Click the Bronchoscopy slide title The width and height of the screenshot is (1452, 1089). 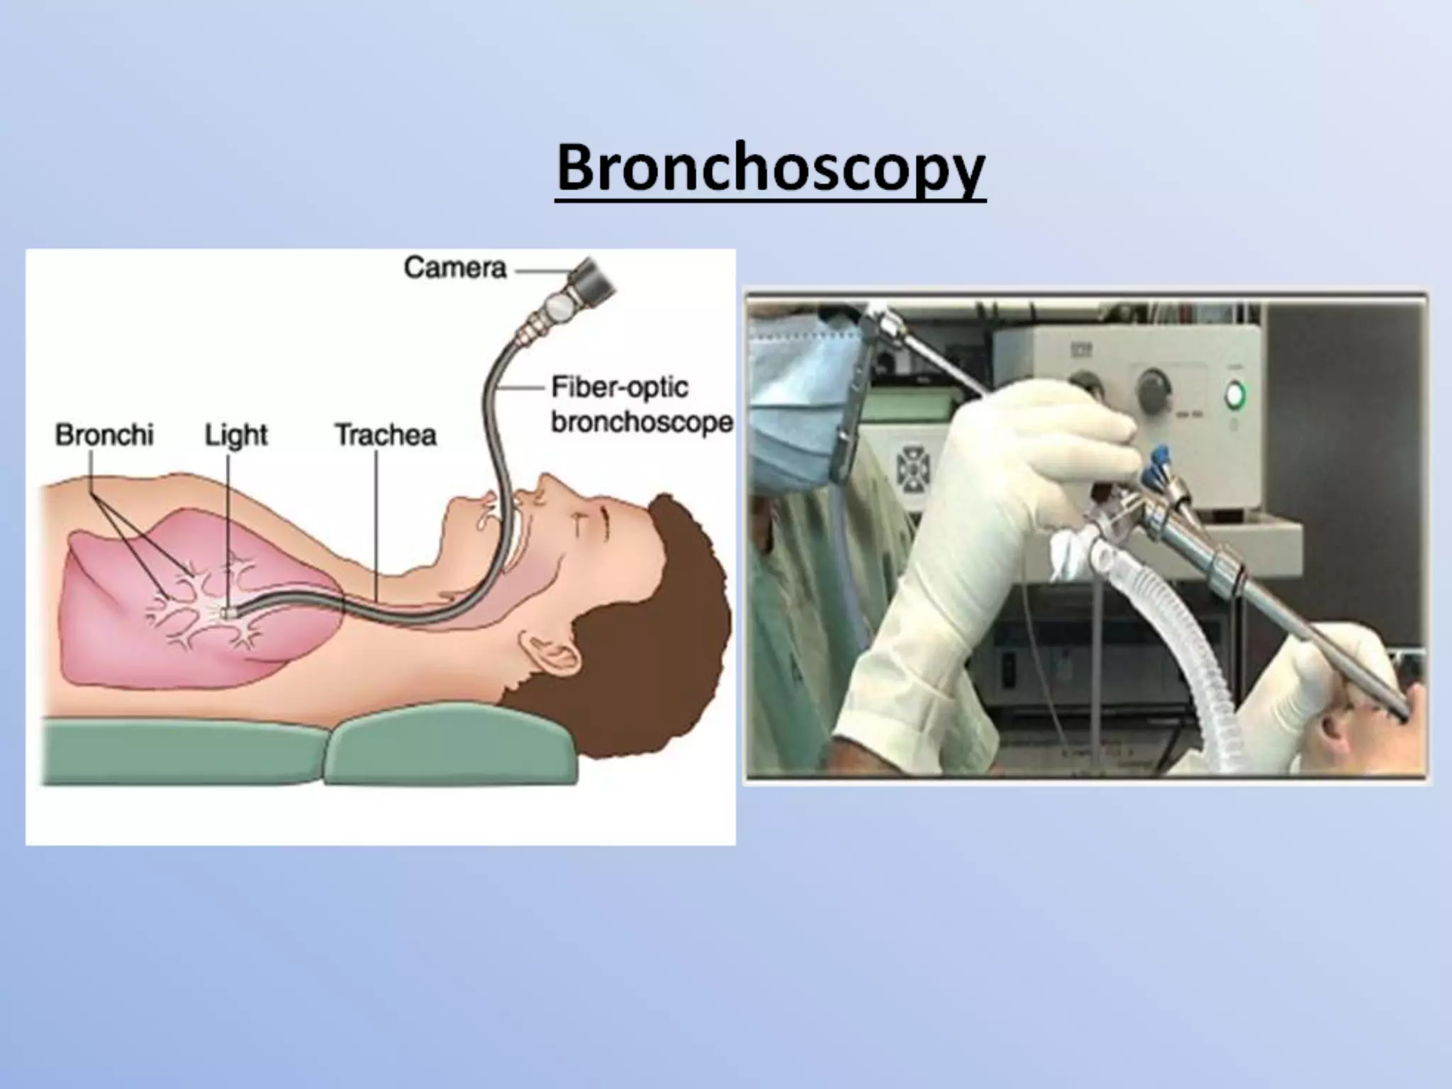(x=771, y=168)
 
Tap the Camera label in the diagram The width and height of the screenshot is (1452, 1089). (x=455, y=268)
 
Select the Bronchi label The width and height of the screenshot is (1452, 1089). (x=104, y=435)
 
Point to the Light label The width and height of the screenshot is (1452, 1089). (x=236, y=435)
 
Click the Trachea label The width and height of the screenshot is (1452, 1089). (x=385, y=435)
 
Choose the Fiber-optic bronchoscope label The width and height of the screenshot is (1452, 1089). (x=641, y=405)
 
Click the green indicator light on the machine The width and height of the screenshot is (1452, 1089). (x=1236, y=394)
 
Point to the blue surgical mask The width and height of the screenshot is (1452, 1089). (x=794, y=397)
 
